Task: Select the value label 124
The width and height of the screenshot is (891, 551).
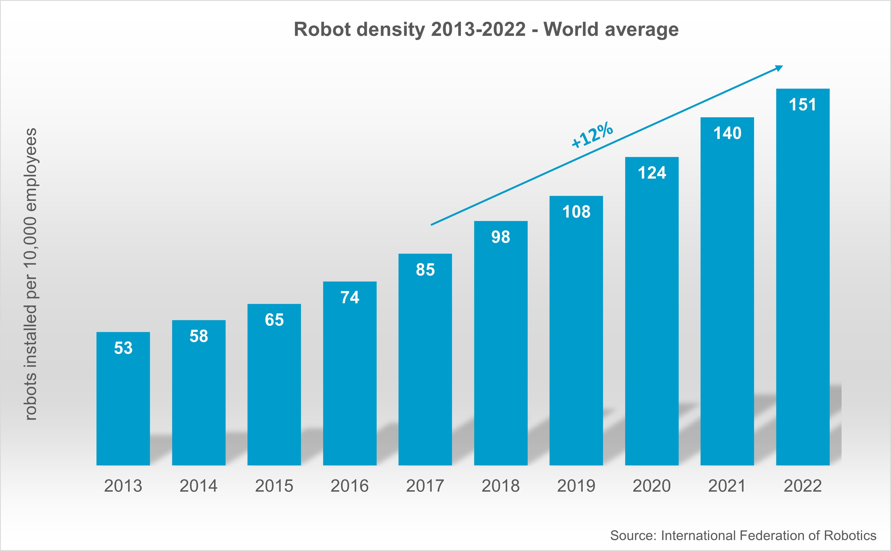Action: [x=652, y=173]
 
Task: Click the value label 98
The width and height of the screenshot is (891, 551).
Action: [x=500, y=237]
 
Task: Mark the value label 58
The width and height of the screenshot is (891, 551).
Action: [x=199, y=336]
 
